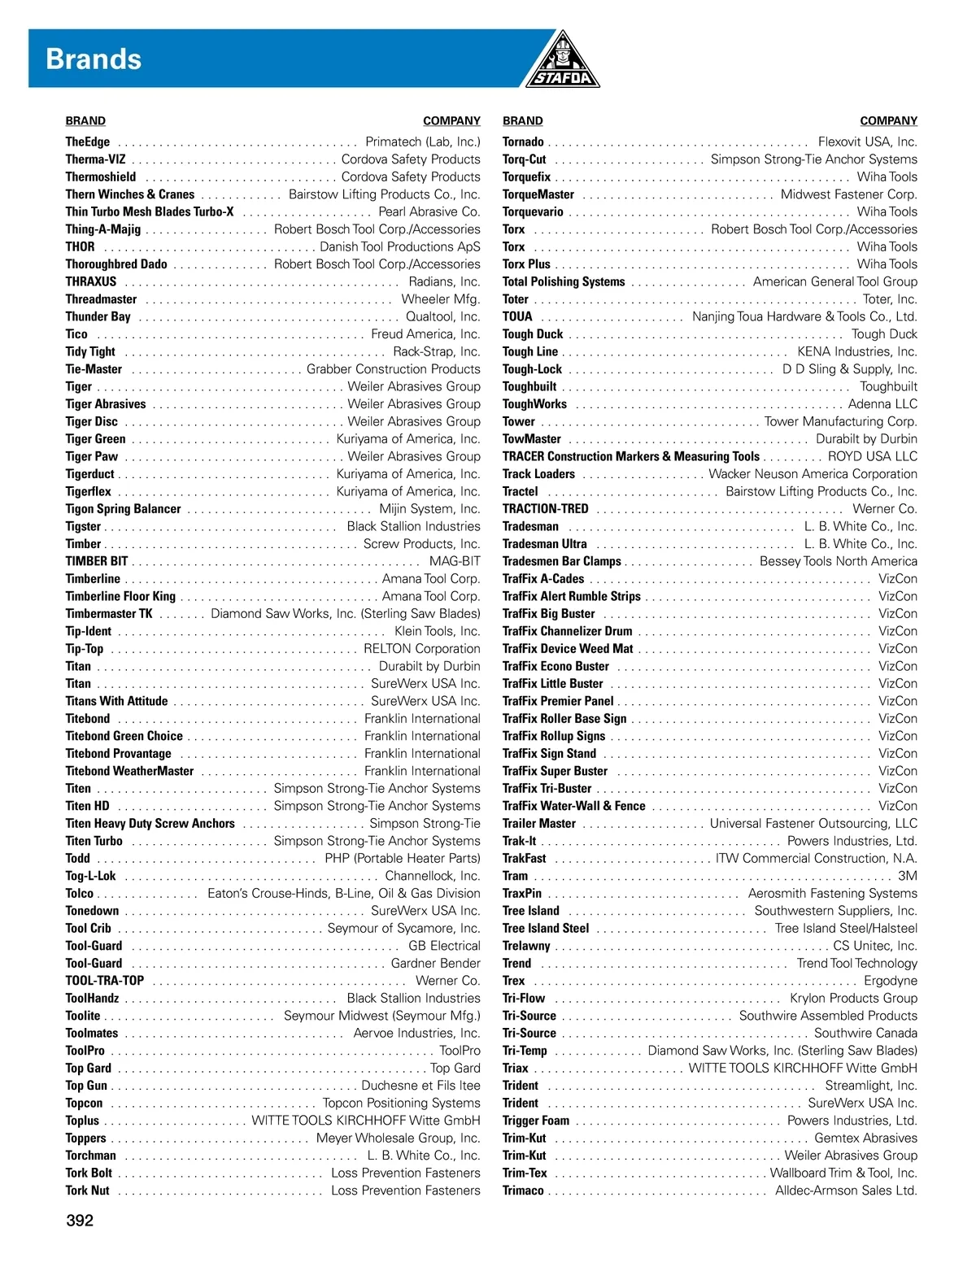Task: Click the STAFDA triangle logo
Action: (x=561, y=62)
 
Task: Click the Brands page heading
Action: (x=94, y=59)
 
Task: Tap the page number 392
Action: (x=80, y=1220)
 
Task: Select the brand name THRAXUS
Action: (x=91, y=282)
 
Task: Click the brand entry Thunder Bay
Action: (x=98, y=317)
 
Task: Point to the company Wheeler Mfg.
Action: (x=441, y=299)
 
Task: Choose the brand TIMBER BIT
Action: (x=97, y=561)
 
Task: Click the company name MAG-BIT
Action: (x=455, y=561)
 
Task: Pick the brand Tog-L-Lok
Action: (x=90, y=876)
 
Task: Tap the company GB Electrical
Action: (x=444, y=946)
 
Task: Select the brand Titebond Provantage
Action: (x=118, y=754)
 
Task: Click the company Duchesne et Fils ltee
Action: (x=420, y=1086)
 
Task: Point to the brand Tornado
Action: (x=523, y=142)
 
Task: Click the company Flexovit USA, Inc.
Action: (x=867, y=142)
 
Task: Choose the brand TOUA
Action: (x=517, y=317)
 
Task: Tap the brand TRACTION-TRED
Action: (x=545, y=509)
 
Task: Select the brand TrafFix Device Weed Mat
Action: (x=568, y=649)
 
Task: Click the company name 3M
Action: (x=907, y=876)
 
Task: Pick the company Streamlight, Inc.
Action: (x=870, y=1086)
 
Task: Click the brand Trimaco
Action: (x=523, y=1191)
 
